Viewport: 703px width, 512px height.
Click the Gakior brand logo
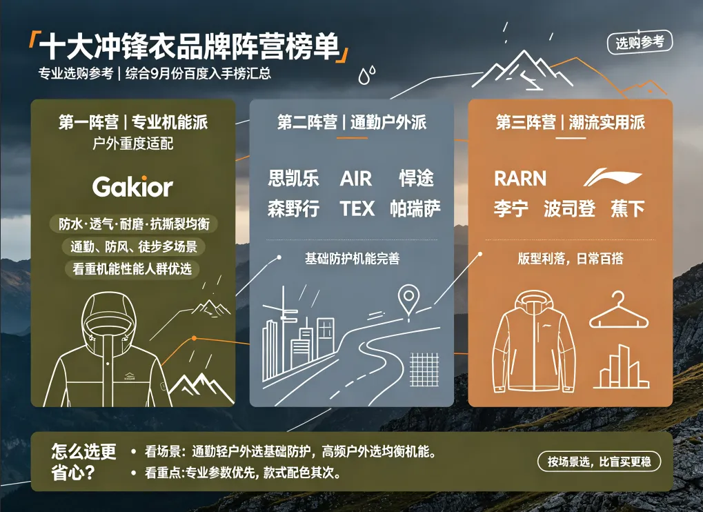click(x=132, y=186)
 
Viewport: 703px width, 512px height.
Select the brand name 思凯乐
click(x=294, y=178)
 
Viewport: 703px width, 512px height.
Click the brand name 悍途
click(x=416, y=178)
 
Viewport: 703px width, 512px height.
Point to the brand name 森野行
click(x=294, y=208)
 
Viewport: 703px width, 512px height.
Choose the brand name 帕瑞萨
click(x=415, y=208)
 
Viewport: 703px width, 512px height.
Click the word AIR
click(x=356, y=179)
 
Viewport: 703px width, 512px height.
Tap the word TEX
click(x=357, y=208)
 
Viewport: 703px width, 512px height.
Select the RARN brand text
click(x=520, y=179)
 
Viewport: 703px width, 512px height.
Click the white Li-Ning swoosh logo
click(x=613, y=177)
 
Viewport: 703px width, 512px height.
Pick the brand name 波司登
click(x=569, y=208)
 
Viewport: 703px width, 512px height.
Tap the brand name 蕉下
click(x=627, y=208)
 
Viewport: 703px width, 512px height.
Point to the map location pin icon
click(x=408, y=301)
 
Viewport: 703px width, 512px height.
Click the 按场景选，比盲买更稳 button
click(x=599, y=462)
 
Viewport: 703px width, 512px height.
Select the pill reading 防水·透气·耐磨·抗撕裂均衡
click(x=134, y=224)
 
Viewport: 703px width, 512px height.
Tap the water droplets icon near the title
click(x=367, y=75)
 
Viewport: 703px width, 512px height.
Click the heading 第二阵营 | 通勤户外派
click(x=352, y=122)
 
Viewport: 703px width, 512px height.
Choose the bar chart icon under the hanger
click(x=622, y=366)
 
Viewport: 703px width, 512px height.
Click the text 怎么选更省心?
click(x=84, y=462)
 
